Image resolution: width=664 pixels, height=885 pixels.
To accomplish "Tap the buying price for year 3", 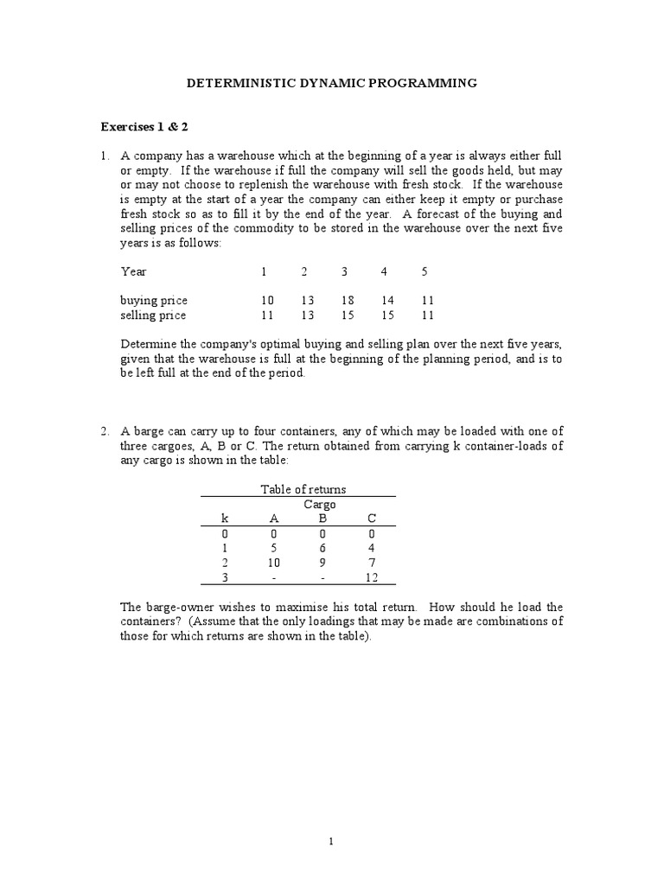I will pos(344,301).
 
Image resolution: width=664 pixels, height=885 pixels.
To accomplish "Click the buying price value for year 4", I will pos(384,301).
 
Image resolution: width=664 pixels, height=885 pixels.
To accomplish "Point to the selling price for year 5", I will pos(425,315).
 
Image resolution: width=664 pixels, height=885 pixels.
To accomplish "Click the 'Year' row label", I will pos(134,271).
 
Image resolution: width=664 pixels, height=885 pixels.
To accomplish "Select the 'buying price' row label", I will pos(154,301).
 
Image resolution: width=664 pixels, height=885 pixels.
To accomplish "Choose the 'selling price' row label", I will pos(154,315).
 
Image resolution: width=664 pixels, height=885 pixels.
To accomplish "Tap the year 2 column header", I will pos(304,271).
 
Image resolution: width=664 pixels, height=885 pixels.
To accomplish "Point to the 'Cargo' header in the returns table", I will pos(319,504).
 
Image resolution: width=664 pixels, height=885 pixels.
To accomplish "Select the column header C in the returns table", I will pos(371,519).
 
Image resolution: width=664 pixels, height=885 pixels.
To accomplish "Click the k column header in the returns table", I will pos(225,519).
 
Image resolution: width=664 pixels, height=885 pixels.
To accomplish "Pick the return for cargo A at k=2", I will pos(275,563).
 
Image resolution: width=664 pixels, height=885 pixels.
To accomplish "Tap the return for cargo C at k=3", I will pos(371,577).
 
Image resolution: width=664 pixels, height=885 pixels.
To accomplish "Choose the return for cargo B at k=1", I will pos(322,548).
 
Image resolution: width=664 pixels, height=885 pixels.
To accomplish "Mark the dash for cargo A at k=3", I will pos(275,577).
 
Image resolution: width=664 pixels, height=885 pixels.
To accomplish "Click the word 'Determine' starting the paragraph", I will pos(146,345).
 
